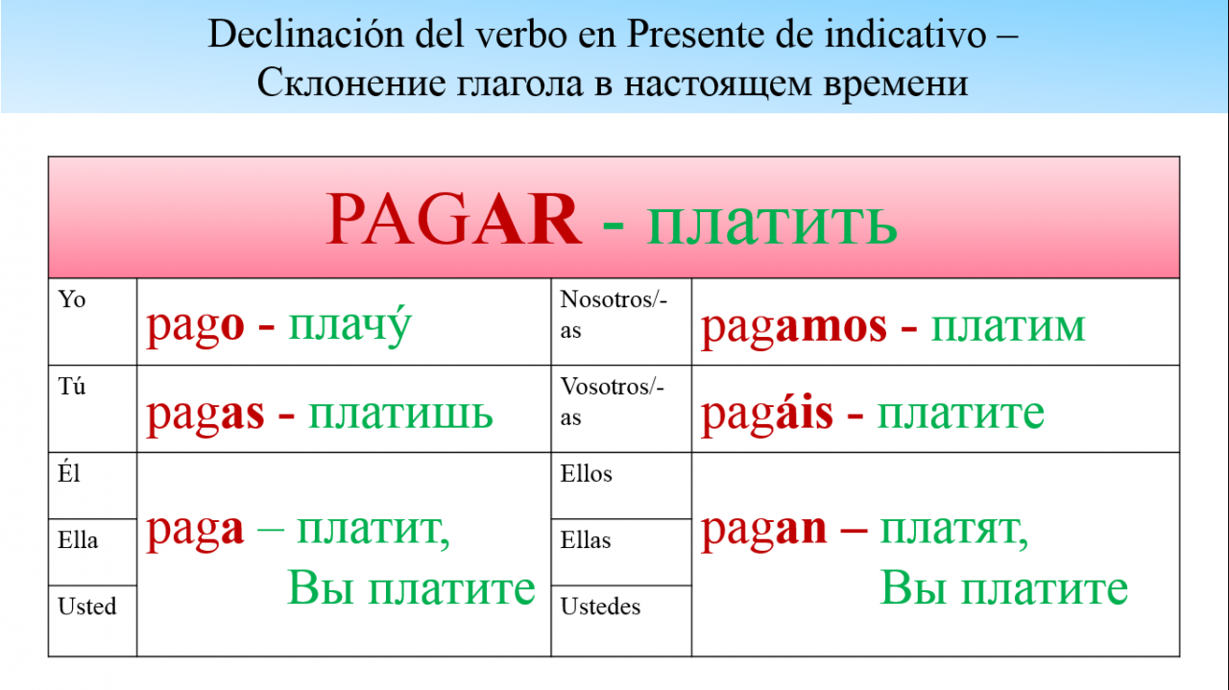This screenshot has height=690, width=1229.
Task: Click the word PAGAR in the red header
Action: point(453,220)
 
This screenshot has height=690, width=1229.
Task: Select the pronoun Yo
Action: point(72,300)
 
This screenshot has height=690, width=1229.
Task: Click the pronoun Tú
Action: point(72,386)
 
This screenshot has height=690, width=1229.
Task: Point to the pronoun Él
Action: point(69,473)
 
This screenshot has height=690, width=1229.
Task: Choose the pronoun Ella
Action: point(78,540)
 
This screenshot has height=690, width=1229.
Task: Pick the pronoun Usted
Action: point(87,607)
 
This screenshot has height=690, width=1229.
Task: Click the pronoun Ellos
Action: point(586,474)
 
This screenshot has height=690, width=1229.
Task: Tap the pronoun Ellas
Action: point(586,540)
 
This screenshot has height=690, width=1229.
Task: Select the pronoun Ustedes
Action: point(600,607)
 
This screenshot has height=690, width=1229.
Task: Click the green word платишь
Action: point(400,414)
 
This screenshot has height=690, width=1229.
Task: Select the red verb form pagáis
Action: point(767,413)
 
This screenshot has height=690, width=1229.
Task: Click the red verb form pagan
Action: point(763,531)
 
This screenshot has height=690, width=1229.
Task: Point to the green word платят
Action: point(954,530)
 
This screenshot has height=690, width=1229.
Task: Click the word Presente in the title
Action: point(696,34)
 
